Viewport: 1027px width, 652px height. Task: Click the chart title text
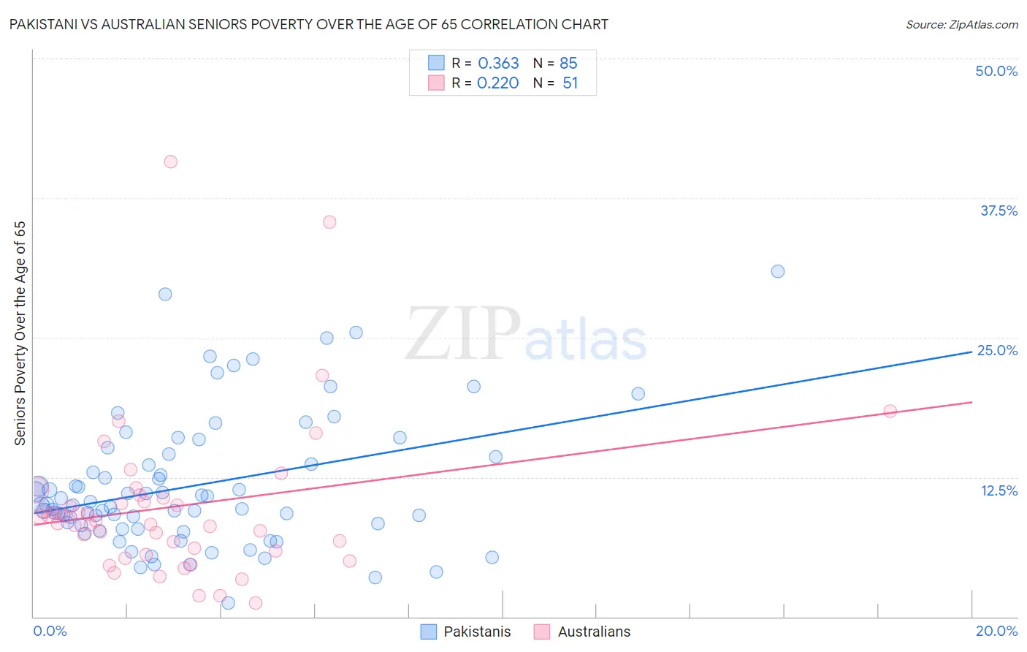click(x=307, y=24)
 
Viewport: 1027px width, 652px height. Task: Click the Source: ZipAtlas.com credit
click(x=961, y=24)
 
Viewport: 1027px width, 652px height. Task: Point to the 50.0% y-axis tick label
click(x=996, y=71)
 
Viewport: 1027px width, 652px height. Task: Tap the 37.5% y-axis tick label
click(x=999, y=211)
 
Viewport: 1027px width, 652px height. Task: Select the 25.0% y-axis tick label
click(x=997, y=350)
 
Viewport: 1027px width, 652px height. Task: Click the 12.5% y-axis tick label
click(x=999, y=490)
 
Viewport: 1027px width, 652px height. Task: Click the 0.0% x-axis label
click(x=50, y=631)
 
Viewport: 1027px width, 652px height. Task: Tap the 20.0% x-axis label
click(x=996, y=631)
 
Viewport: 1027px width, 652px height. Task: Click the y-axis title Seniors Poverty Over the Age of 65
click(x=20, y=333)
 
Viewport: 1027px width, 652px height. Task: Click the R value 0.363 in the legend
click(x=498, y=64)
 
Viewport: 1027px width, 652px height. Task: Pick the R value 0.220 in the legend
click(x=497, y=83)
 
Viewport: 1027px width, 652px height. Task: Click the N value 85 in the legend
click(x=568, y=64)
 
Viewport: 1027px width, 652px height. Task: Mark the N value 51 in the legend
click(x=570, y=83)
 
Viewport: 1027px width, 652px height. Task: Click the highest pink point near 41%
click(x=170, y=162)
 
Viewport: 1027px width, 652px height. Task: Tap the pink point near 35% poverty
click(x=329, y=221)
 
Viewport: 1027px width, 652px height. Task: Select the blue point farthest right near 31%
click(x=778, y=271)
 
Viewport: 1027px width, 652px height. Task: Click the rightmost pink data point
click(x=890, y=411)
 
